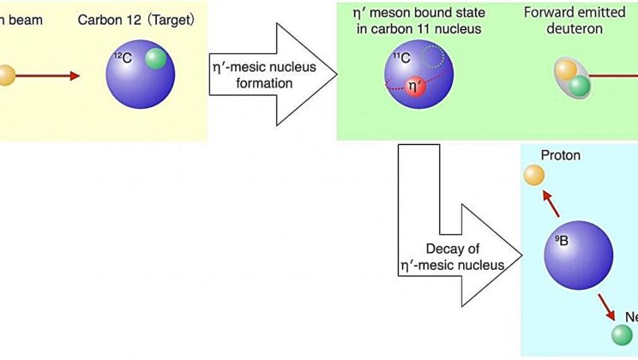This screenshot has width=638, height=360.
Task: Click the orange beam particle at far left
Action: click(5, 75)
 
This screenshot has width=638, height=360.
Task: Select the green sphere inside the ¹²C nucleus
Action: click(155, 59)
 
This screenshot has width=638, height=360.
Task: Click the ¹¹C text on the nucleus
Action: click(401, 58)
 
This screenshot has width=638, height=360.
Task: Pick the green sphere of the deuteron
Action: click(580, 86)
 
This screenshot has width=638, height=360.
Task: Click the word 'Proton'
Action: click(561, 155)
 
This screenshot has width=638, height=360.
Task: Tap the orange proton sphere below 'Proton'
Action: click(534, 176)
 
